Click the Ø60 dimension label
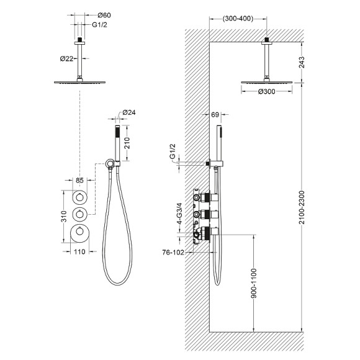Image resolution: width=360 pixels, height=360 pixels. point(104,15)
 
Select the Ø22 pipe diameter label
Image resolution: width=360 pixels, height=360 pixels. point(66,59)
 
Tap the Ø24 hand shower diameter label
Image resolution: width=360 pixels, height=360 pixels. point(129,112)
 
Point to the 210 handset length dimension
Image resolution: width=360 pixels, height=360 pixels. point(127,143)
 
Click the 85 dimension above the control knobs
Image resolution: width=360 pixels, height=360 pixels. point(79,181)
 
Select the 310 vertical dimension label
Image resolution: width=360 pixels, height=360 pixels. point(64,216)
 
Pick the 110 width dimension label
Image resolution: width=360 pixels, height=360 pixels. point(79,252)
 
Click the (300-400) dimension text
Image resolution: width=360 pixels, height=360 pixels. point(238,19)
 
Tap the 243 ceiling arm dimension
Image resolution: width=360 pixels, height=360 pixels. point(302,62)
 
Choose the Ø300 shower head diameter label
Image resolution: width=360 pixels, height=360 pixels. point(266,92)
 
